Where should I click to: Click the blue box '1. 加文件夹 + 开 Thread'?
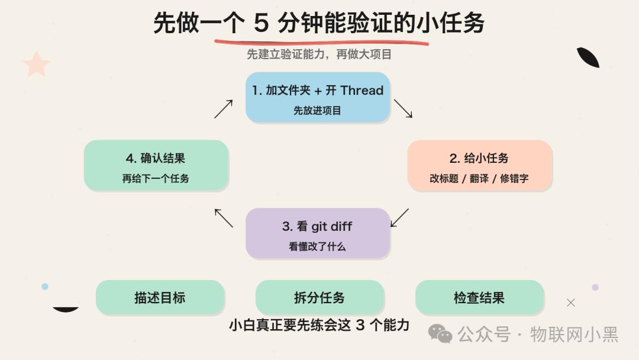coord(318,98)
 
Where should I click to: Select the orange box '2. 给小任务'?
coord(480,166)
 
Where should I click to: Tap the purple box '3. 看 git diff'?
coord(318,233)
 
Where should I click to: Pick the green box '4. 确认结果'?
coord(156,166)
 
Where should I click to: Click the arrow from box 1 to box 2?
coord(403,108)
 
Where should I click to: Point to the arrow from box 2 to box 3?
coord(399,218)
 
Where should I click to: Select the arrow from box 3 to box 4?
coord(224,218)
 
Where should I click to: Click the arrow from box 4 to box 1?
coord(223,109)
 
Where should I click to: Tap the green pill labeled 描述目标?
coord(160,297)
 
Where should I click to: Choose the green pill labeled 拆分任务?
coord(319,297)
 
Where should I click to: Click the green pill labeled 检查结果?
coord(479,297)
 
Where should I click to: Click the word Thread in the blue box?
coord(362,90)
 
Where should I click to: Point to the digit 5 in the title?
coord(262,22)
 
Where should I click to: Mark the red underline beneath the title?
coord(321,42)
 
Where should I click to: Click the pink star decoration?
coord(36,64)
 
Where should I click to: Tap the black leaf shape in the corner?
coord(588,57)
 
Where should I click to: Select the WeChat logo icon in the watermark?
coord(440,334)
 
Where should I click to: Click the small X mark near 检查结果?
coord(570,303)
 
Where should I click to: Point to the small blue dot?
coord(45,287)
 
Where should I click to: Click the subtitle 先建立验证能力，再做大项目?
coord(319,54)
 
